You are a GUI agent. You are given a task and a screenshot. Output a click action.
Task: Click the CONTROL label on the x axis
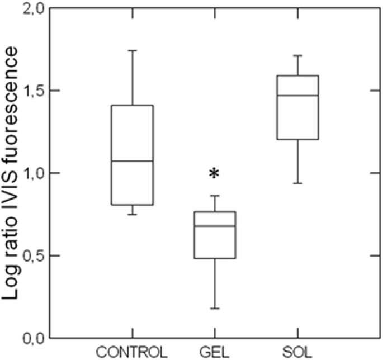coord(132,352)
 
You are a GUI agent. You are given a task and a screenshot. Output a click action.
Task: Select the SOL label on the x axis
coord(297,352)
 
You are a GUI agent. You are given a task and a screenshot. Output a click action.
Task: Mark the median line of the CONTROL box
coord(132,161)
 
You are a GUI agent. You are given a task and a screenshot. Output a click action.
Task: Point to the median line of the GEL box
coord(215,226)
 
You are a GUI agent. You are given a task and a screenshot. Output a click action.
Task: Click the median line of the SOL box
coord(297,96)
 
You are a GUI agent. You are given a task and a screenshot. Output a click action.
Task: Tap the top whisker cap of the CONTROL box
coord(132,50)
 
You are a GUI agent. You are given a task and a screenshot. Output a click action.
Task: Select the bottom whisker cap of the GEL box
coord(215,309)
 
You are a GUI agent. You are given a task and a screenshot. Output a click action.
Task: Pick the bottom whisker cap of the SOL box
coord(297,183)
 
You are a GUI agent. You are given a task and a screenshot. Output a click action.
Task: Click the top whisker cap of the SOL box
coord(297,55)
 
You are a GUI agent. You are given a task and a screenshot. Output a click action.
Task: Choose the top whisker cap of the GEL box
coord(215,196)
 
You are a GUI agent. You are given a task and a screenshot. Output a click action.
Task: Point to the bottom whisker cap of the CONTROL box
coord(132,214)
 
